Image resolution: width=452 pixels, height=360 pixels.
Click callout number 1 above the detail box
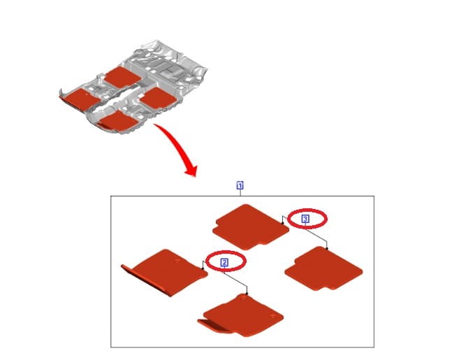[x=240, y=185]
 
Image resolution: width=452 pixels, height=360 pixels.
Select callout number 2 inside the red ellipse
[x=224, y=263]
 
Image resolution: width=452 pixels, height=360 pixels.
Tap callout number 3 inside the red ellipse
[x=305, y=219]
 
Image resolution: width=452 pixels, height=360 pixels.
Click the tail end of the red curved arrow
[x=154, y=124]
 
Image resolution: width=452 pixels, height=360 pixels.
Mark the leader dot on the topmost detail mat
[x=283, y=223]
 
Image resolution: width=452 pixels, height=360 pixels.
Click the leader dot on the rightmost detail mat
[x=327, y=248]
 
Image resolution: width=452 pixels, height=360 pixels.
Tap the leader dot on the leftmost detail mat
[x=203, y=268]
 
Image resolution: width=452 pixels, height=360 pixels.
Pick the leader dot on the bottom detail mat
[x=247, y=294]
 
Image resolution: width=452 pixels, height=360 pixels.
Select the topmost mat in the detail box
[x=250, y=227]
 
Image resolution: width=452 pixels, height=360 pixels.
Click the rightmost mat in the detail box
[x=323, y=268]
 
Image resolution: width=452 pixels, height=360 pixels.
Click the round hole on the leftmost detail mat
[x=177, y=261]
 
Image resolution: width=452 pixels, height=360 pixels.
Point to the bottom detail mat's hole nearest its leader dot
[x=244, y=298]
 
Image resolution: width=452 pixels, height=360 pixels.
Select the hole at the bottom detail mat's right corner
[x=273, y=317]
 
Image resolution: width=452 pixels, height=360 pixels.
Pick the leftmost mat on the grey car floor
[x=80, y=99]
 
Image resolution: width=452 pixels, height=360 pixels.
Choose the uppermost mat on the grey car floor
[x=123, y=77]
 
